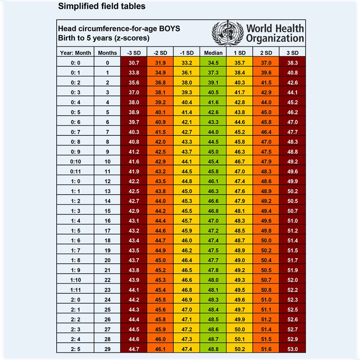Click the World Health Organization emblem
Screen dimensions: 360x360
228,33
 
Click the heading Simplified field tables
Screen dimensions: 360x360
102,6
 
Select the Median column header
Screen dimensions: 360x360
213,53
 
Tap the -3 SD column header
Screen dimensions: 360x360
134,53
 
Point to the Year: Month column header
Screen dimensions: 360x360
75,53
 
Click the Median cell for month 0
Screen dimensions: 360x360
213,63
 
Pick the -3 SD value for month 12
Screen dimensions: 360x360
134,181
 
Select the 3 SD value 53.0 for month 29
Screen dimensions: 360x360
292,348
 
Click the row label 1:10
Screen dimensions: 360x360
75,280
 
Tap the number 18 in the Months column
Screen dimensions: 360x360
107,240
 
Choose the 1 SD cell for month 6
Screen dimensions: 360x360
240,122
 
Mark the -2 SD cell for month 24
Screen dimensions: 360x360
160,299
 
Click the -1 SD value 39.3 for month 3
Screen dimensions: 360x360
187,93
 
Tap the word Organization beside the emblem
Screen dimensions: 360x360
275,38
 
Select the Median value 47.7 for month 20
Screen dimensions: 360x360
213,260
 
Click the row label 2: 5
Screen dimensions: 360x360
75,348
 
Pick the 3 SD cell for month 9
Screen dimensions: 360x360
292,152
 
